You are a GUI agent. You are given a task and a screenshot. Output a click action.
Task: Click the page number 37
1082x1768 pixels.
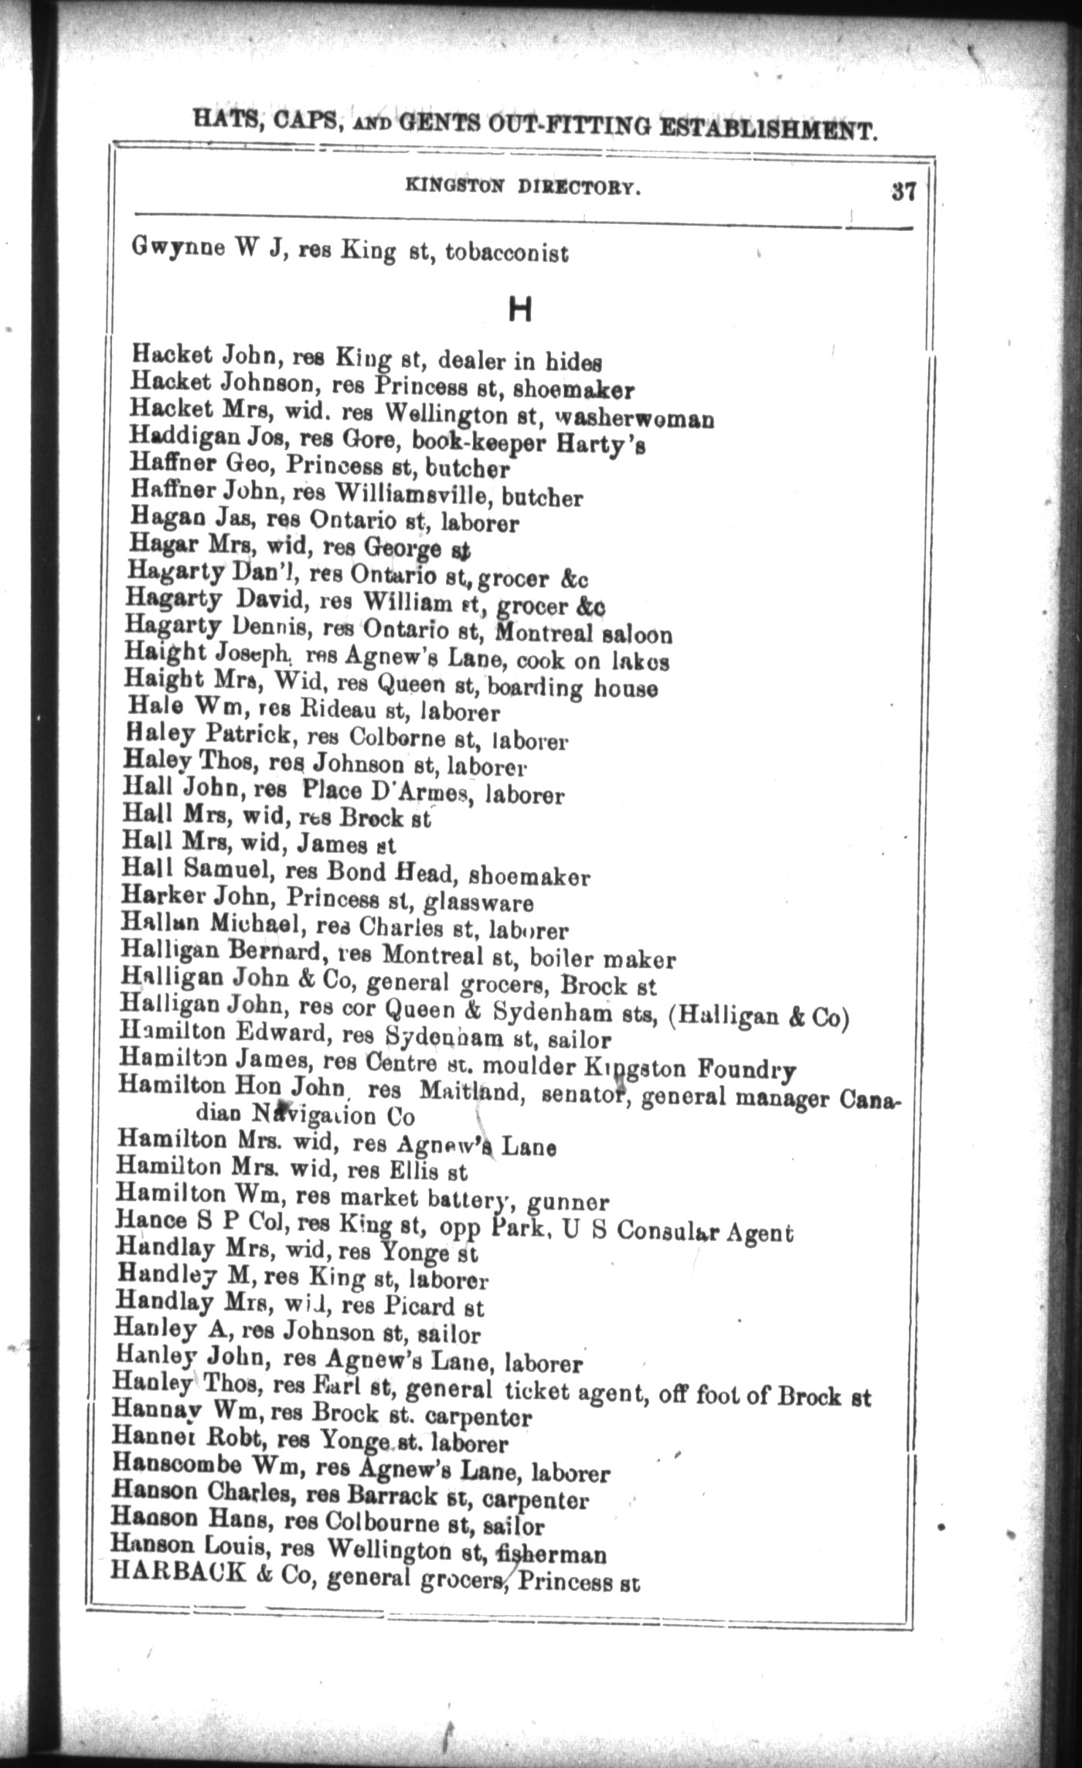[x=903, y=192]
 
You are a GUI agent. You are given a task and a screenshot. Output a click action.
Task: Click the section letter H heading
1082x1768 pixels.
[x=520, y=311]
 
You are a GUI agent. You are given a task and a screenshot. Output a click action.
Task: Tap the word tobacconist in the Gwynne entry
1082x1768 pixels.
[x=507, y=253]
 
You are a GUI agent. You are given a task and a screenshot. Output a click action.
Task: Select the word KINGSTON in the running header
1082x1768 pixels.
[x=454, y=186]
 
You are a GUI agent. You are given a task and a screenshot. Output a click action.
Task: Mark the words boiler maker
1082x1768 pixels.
[x=602, y=960]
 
